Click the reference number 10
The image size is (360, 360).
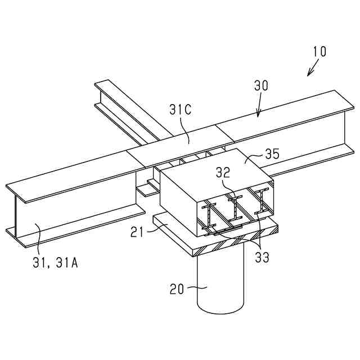pos(319,51)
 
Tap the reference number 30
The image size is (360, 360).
pos(261,85)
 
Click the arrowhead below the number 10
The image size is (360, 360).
pos(308,74)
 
